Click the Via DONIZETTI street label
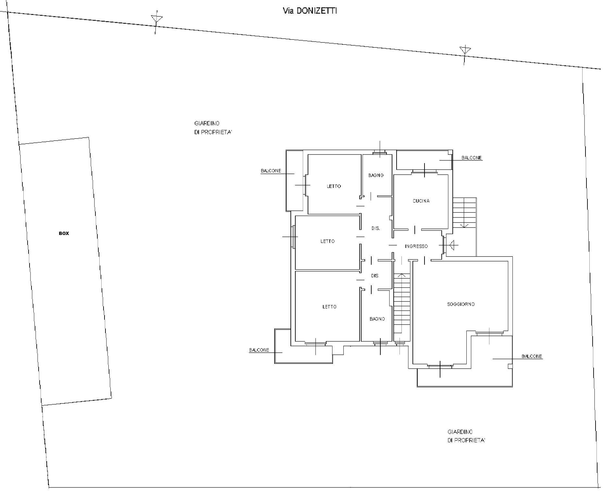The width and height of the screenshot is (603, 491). pos(310,11)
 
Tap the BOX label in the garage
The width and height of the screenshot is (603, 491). pos(64,233)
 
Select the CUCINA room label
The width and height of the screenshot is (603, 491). pos(421,201)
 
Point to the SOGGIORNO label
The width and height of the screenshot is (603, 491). pos(461,304)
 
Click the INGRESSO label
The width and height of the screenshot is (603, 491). pos(416,246)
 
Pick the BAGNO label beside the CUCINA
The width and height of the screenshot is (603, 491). pos(376,175)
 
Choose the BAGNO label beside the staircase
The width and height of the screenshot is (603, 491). pos(377,319)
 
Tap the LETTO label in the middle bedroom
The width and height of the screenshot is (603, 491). pos(327,241)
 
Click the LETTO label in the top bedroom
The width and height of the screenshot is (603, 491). pos(334,186)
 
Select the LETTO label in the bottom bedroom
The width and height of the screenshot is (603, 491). pos(329,307)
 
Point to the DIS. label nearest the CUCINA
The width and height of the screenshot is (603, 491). pos(375,228)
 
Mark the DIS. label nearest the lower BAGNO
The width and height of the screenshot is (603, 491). pos(375,276)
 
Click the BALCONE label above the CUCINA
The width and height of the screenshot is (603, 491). pos(472,158)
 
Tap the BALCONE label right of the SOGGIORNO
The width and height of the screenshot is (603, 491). pos(532,356)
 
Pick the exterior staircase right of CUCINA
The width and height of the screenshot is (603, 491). pos(464,213)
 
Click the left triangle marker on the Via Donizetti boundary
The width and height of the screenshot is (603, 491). pos(157,18)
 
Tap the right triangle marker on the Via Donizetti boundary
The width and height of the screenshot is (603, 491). pos(465,50)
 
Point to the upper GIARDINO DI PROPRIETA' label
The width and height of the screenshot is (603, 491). pos(213,128)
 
